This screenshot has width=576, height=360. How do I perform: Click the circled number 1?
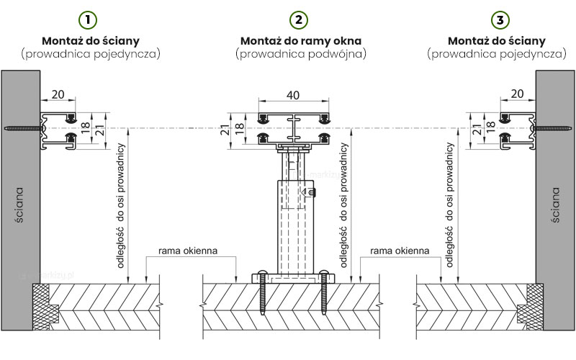coord(88,20)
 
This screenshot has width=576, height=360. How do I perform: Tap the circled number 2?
coord(299,20)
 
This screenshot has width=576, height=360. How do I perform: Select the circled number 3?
coord(500,20)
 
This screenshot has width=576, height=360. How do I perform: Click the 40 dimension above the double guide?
coord(293,95)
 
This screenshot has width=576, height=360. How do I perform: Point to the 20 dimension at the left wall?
coord(58,94)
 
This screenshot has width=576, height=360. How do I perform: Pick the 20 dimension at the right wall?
coord(517,94)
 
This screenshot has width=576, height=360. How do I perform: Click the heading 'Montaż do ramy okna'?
coord(301,41)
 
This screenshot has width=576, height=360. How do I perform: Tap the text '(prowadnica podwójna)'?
coord(301,54)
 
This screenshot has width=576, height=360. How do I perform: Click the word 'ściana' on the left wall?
coord(19,205)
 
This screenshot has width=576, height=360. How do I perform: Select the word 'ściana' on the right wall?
coord(556,205)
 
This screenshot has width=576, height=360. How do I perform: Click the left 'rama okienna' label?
coord(188,251)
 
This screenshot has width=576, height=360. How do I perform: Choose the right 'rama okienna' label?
coord(400,251)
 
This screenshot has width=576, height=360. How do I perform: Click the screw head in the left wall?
coord(6,129)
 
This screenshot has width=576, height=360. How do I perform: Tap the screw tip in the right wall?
coord(570,129)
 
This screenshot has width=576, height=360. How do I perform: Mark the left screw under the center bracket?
coord(262,292)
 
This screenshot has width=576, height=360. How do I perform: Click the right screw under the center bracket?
coord(324,292)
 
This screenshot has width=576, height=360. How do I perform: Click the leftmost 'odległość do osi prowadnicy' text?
coord(121,206)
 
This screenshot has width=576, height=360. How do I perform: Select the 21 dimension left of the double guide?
coord(225,130)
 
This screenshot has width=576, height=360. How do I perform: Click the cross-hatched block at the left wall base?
coord(42,307)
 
